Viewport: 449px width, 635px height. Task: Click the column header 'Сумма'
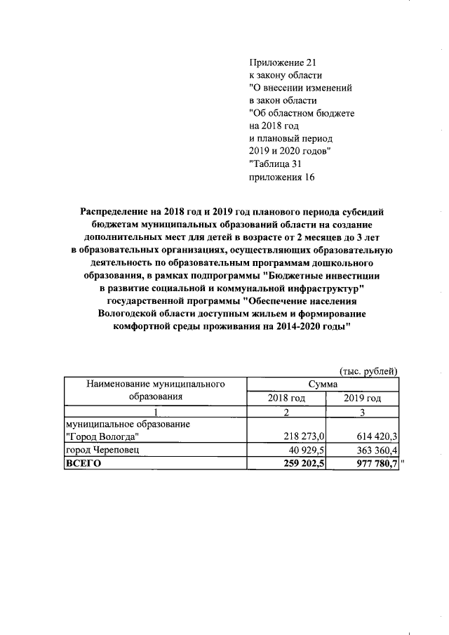click(x=323, y=384)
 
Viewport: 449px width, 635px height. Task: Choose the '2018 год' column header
click(x=286, y=398)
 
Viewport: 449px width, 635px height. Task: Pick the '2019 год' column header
click(x=362, y=398)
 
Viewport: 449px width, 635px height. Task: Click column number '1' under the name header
click(x=155, y=411)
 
